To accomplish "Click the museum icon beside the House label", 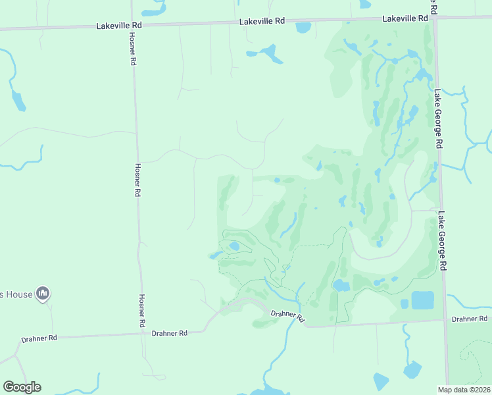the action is click(x=43, y=293).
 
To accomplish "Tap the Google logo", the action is click(x=22, y=387).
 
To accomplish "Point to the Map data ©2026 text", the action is click(x=464, y=389).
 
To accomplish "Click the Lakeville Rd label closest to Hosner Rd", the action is click(x=119, y=25).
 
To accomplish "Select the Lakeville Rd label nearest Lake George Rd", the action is click(x=406, y=18).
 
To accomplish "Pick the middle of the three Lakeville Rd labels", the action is click(x=262, y=21).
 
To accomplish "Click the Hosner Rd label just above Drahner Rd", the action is click(x=142, y=311).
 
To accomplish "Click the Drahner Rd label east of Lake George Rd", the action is click(x=469, y=319).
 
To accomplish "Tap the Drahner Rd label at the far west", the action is click(x=39, y=338).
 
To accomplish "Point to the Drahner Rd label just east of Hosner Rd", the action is click(x=170, y=333).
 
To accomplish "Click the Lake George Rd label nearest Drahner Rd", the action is click(x=444, y=241).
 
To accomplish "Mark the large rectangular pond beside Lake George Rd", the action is click(x=422, y=300).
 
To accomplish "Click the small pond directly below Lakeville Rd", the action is click(x=303, y=28).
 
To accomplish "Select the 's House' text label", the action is click(x=16, y=294).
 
